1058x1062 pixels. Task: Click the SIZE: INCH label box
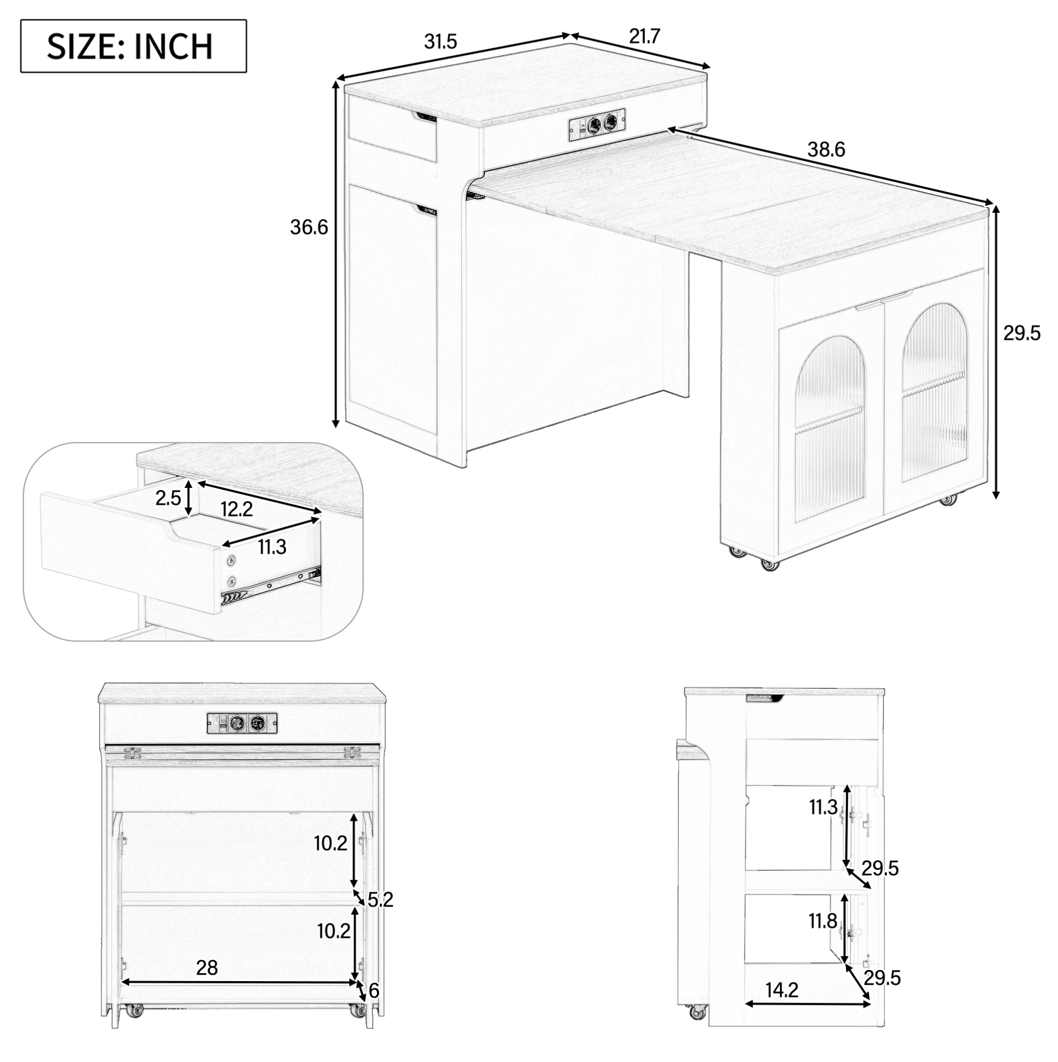(x=134, y=46)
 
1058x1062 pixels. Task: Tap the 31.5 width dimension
(x=441, y=41)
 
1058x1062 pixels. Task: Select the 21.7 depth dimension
(x=644, y=36)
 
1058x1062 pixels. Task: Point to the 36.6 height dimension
(x=308, y=227)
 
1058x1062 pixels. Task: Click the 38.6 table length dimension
(x=825, y=149)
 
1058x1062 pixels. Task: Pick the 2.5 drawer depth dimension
(x=168, y=498)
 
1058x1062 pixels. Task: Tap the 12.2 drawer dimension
(x=237, y=509)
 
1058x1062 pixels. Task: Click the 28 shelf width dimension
(x=206, y=983)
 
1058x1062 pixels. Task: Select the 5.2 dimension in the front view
(x=380, y=900)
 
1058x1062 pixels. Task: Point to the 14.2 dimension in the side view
(x=782, y=990)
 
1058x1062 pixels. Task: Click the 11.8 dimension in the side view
(x=822, y=921)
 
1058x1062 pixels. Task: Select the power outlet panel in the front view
(x=242, y=723)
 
